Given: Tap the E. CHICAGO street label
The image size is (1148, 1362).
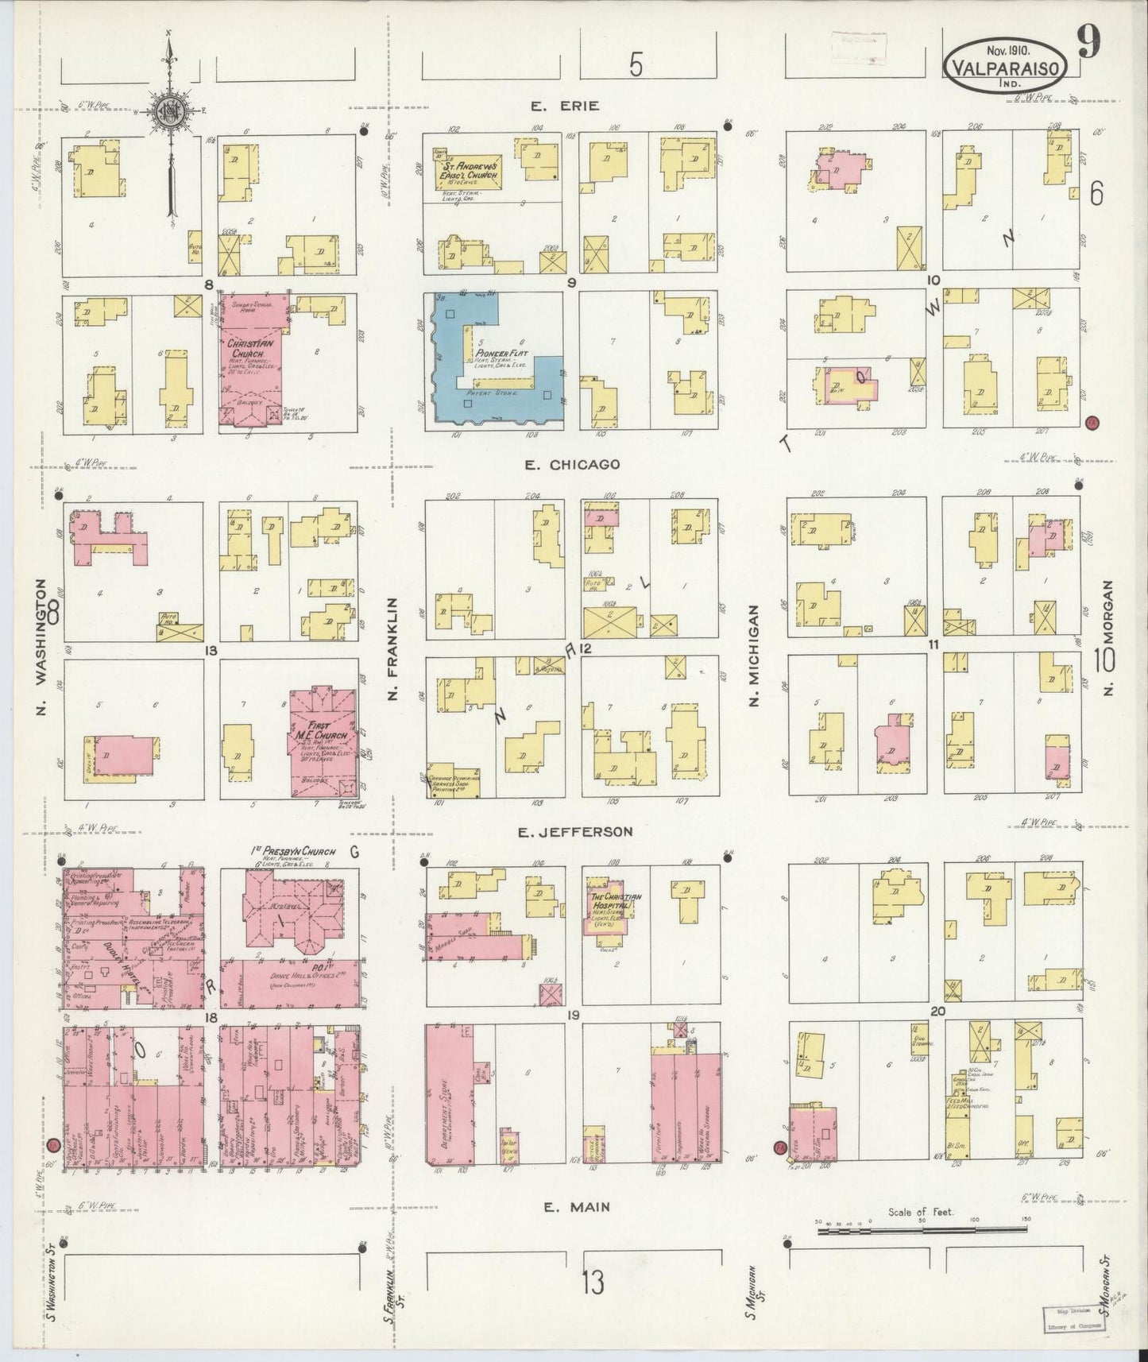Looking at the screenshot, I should click(572, 464).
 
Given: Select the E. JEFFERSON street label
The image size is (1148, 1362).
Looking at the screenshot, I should click(574, 832).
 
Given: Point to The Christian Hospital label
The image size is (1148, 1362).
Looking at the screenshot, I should click(613, 902).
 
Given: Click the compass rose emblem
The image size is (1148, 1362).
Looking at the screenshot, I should click(168, 111).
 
